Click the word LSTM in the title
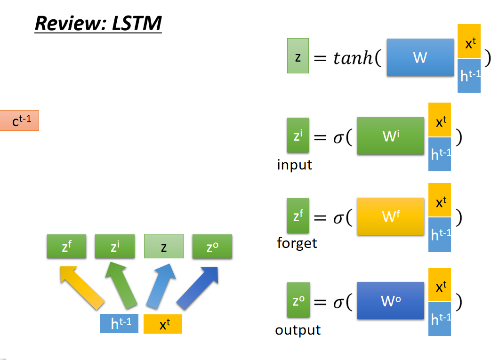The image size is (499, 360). (137, 23)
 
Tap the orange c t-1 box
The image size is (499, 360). (19, 120)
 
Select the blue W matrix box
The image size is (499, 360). (420, 57)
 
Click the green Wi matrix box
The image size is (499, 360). (390, 136)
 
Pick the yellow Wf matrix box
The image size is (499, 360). (390, 216)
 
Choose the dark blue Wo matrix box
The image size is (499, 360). (390, 301)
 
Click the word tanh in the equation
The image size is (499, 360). (353, 58)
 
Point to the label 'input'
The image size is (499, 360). (294, 165)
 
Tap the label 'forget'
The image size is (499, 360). (297, 243)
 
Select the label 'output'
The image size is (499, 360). (298, 330)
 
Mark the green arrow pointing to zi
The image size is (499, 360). (121, 285)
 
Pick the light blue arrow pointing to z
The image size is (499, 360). (161, 286)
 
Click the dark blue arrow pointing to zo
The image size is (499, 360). (198, 288)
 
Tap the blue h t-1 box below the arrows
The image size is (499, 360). (119, 323)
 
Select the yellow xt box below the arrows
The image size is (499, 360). (162, 324)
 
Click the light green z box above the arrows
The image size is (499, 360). (164, 246)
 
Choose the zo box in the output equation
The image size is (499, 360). (298, 300)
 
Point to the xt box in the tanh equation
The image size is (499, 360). (469, 41)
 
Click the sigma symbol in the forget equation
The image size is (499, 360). (338, 218)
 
